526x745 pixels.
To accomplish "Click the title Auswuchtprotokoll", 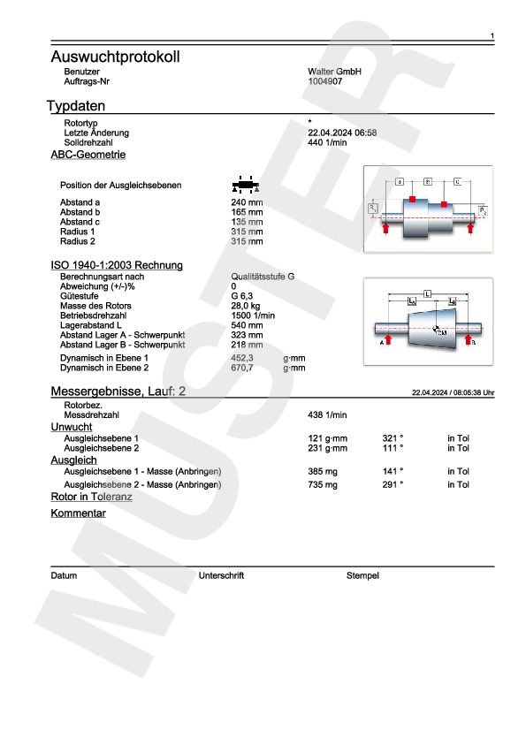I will coord(115,57).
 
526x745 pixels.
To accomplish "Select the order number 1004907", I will coord(324,81).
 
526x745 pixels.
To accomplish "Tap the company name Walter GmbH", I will coord(334,71).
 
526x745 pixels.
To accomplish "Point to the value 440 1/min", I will coord(327,142).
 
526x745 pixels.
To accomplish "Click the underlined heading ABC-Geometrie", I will coord(88,155).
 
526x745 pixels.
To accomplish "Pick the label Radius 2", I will coord(77,241).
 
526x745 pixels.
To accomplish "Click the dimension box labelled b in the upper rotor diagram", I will coord(428,180).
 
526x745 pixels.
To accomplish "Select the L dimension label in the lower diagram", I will coord(427,292).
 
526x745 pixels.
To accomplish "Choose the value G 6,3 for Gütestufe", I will coord(242,296).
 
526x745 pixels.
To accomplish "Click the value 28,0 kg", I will coord(245,306).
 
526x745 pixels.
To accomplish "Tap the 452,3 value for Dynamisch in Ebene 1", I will coord(242,358).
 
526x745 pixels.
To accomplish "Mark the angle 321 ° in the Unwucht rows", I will coord(393,438).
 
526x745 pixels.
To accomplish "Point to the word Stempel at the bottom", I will coord(362,575).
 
